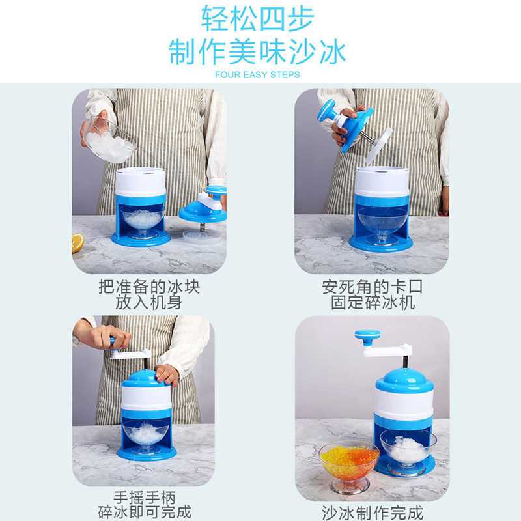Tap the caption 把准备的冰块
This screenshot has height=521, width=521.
click(x=148, y=287)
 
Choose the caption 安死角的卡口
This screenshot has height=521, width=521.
click(x=368, y=287)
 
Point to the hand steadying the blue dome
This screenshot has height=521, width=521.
click(x=168, y=374)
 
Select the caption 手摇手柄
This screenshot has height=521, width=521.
click(x=148, y=496)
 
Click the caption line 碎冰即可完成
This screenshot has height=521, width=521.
click(x=148, y=511)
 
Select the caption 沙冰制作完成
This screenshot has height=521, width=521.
click(x=371, y=511)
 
